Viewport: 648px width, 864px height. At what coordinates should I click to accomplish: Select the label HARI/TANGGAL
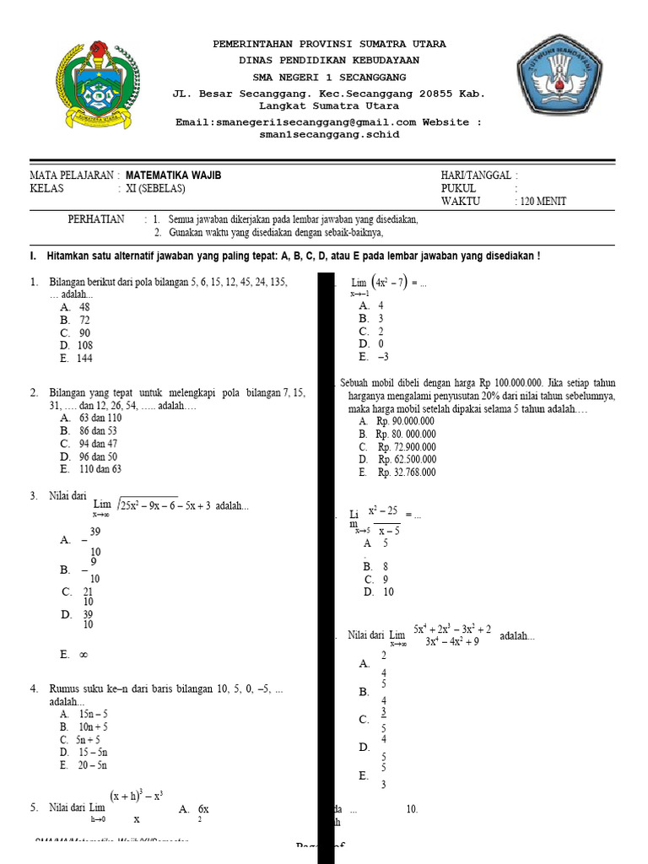coord(475,175)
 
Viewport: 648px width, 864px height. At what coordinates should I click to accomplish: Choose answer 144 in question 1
coord(84,359)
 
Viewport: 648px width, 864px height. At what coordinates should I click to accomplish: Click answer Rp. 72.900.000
coord(406,447)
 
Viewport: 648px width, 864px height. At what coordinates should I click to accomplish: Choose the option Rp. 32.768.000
coord(406,472)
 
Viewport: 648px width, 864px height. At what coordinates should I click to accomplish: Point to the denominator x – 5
coord(389,530)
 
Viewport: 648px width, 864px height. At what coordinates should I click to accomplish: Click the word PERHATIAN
coord(95,219)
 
